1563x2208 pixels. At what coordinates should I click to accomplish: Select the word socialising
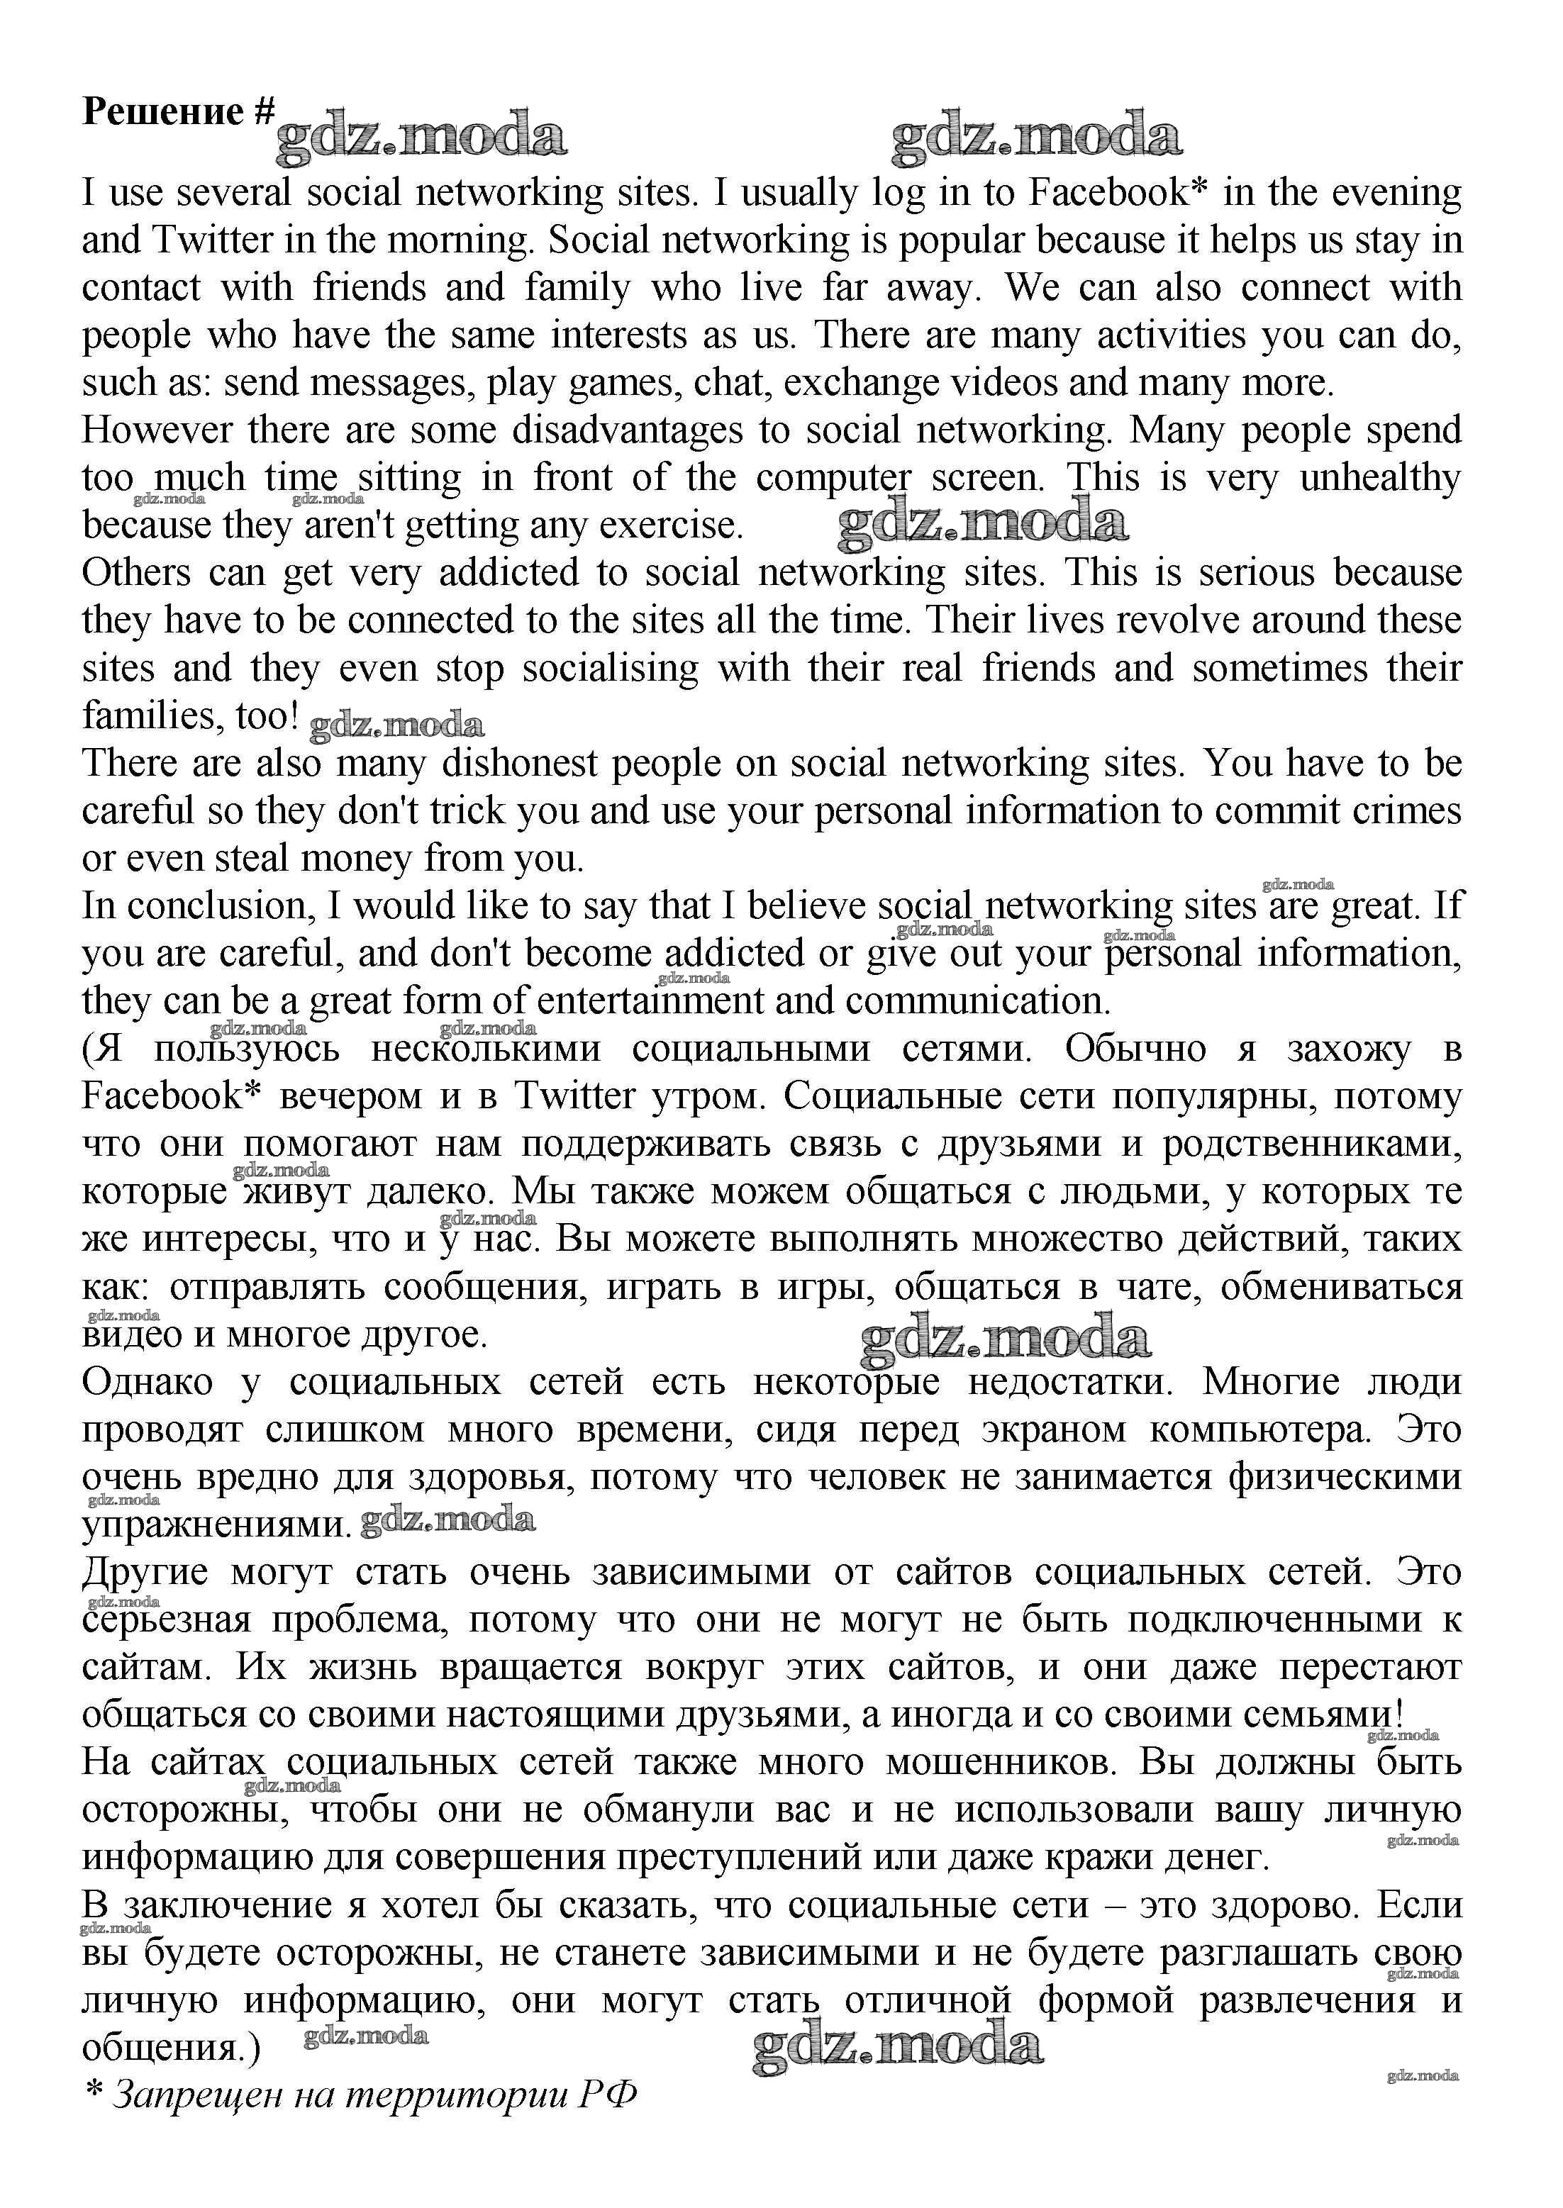610,669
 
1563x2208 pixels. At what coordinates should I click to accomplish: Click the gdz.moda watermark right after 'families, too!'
396,725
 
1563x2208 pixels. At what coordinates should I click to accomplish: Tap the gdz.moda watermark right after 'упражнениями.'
447,1520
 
